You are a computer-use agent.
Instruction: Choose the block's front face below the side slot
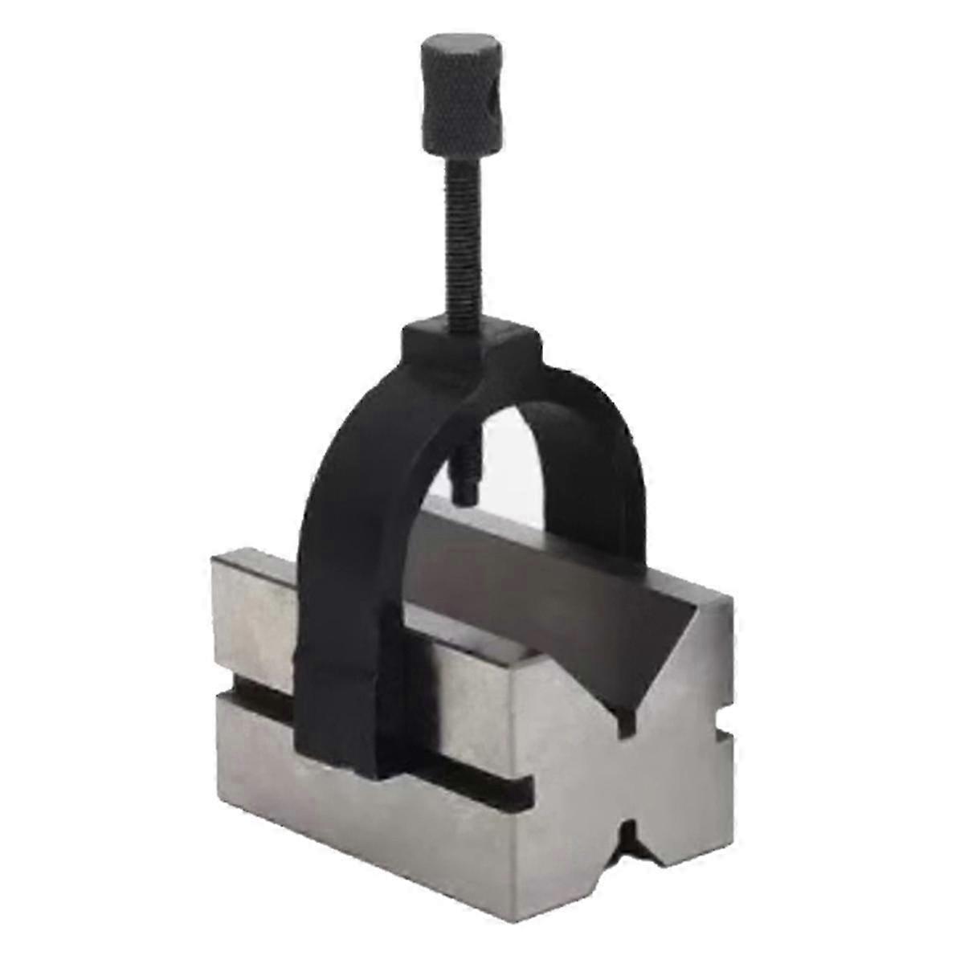pos(378,819)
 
